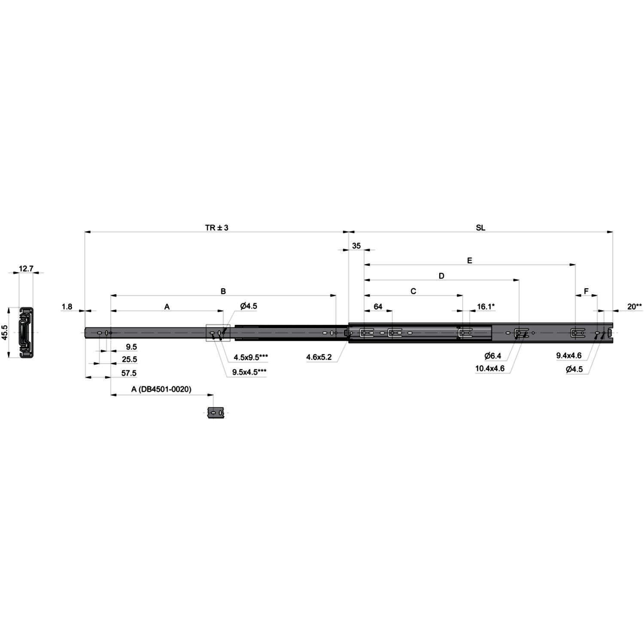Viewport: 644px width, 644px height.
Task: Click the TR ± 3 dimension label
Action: pos(217,228)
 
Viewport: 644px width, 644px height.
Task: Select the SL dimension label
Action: pos(480,228)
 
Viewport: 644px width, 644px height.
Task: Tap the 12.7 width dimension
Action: pos(26,269)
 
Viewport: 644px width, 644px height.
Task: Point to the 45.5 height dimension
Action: pos(5,332)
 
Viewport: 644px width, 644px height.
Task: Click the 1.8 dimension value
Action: pos(67,307)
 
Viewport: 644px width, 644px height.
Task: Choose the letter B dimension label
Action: pos(223,292)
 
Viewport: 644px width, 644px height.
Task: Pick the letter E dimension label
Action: pos(470,261)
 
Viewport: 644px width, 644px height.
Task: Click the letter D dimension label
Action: pos(441,276)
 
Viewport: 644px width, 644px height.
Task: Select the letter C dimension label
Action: pos(413,292)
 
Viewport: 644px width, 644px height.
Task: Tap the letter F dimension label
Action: pos(586,292)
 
